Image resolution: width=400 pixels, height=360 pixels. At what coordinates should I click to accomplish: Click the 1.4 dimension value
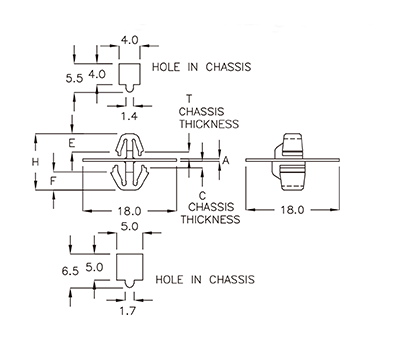click(x=130, y=117)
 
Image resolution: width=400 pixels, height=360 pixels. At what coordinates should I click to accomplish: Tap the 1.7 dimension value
click(x=130, y=312)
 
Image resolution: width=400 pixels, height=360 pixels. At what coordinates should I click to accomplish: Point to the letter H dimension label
click(x=35, y=161)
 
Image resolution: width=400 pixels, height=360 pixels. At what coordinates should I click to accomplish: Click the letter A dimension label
click(x=225, y=160)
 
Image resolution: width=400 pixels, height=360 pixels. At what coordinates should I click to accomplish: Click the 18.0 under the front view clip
click(x=128, y=211)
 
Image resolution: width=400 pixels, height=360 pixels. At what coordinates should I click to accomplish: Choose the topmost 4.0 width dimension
click(x=130, y=41)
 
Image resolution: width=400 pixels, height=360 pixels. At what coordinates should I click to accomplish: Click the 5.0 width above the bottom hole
click(x=130, y=228)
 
